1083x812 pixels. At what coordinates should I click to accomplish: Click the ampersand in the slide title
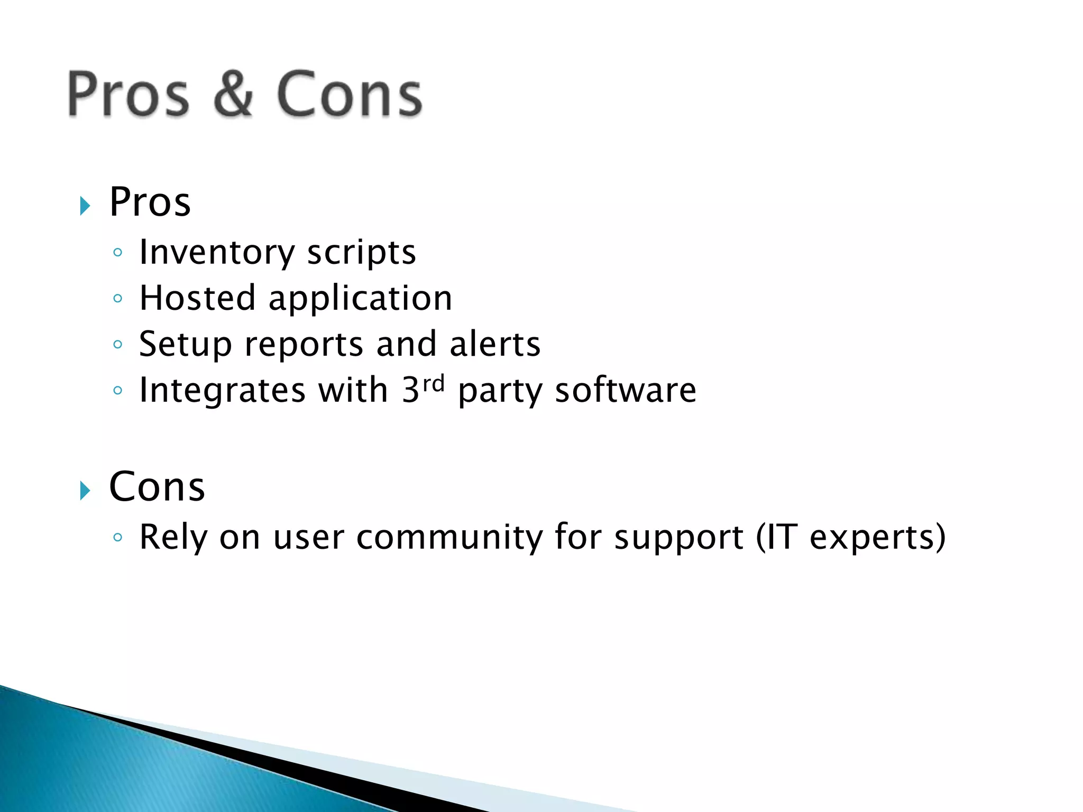click(233, 94)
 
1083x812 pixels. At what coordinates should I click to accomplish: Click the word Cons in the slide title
click(349, 94)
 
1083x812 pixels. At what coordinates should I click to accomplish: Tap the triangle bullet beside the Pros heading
click(85, 206)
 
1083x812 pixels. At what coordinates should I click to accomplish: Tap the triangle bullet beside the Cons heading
click(85, 491)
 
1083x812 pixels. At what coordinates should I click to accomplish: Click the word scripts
click(361, 253)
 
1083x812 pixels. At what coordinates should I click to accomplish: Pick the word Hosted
click(197, 298)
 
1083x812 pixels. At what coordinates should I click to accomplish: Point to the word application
click(360, 299)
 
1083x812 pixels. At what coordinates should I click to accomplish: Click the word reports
click(304, 345)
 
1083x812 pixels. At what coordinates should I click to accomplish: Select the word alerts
click(494, 344)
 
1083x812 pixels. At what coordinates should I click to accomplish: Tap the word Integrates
click(222, 391)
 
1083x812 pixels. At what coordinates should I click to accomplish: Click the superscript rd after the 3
click(434, 383)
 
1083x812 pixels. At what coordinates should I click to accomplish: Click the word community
click(449, 538)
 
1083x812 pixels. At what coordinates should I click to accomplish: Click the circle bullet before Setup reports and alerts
click(118, 345)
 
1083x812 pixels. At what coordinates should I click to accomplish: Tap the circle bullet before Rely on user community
click(118, 538)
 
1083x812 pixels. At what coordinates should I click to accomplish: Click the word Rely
click(173, 538)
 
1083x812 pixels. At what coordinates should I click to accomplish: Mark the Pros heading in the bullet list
click(150, 202)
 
